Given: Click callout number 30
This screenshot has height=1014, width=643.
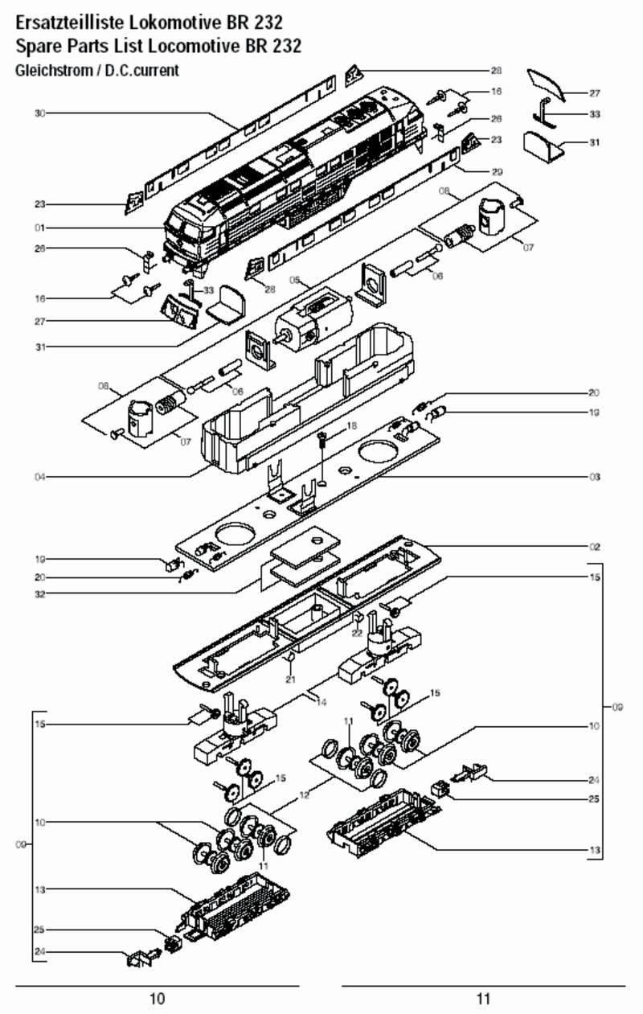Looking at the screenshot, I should point(39,113).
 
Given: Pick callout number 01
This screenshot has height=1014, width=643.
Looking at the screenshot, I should point(39,228).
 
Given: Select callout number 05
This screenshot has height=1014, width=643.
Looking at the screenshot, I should point(295,281).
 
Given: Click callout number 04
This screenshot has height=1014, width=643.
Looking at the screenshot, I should point(39,477).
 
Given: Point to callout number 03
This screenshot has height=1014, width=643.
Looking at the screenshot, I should point(594,477).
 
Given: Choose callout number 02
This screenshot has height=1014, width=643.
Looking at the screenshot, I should point(594,547).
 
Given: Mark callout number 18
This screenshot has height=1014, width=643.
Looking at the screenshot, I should point(351,425).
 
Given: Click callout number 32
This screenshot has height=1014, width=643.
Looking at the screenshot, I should point(39,594).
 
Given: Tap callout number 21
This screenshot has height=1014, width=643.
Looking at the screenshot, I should point(291,679).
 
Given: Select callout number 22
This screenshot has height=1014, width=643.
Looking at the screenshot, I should point(357,634).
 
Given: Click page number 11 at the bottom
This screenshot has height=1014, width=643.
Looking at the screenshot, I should point(483,1000).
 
